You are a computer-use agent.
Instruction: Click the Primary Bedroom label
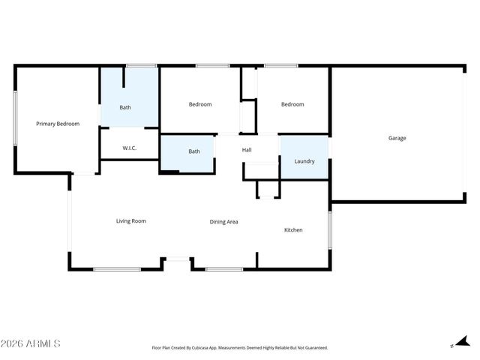[x=58, y=124]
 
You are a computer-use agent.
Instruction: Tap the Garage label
[x=397, y=138]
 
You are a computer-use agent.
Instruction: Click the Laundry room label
[x=304, y=161]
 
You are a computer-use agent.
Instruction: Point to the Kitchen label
[x=292, y=229]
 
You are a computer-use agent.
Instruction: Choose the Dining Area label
[x=223, y=222]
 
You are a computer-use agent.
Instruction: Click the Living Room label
[x=130, y=221]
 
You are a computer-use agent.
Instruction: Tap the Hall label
[x=247, y=150]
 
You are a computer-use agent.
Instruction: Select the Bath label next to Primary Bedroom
[x=125, y=107]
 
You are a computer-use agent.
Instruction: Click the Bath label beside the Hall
[x=194, y=151]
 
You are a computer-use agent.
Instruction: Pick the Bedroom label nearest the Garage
[x=292, y=104]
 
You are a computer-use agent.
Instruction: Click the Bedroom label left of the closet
[x=199, y=104]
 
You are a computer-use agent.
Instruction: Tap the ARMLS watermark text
[x=31, y=343]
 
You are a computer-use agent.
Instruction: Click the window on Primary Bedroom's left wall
[x=15, y=118]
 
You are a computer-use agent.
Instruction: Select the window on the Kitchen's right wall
[x=329, y=229]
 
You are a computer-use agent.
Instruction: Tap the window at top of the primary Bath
[x=141, y=66]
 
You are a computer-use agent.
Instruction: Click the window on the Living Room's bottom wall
[x=117, y=269]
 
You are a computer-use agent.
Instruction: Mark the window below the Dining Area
[x=223, y=269]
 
